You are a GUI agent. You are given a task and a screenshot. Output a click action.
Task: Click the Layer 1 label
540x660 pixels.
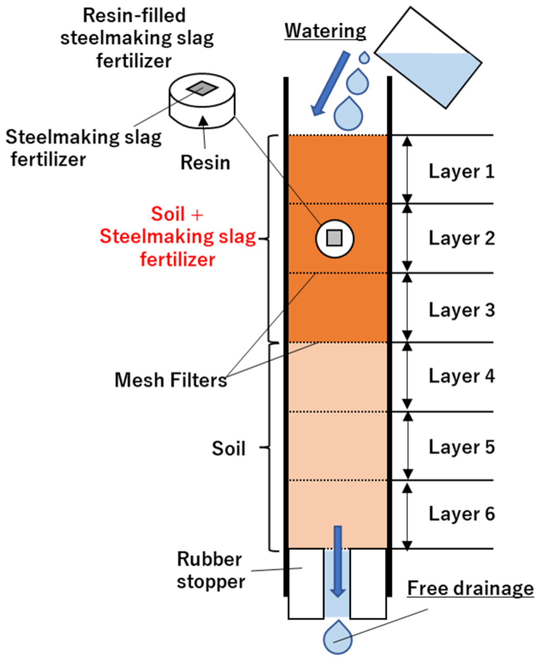point(461,171)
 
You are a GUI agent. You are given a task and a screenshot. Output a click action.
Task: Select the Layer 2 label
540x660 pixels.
point(461,238)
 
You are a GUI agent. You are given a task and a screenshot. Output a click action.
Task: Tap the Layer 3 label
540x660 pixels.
point(461,310)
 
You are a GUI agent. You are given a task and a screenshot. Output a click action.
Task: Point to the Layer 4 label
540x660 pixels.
point(461,376)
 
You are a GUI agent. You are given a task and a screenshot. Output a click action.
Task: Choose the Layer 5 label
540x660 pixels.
point(461,447)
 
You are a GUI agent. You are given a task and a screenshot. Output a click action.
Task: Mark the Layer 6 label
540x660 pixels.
point(461,514)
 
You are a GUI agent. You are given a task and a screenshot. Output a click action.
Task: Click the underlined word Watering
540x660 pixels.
point(325,31)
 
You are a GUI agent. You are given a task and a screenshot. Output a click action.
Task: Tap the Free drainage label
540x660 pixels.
point(470,588)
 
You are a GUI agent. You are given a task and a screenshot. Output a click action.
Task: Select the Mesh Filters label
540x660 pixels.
point(171,380)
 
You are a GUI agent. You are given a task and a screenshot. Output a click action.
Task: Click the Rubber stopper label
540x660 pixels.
point(210,570)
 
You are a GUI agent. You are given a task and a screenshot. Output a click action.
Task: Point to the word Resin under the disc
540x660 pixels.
point(205,163)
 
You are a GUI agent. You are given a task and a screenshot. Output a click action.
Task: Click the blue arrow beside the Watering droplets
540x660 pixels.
point(330,84)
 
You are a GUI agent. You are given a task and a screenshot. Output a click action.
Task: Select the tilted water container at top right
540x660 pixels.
point(429,59)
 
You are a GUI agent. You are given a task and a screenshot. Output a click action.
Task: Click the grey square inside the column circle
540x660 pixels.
point(334,238)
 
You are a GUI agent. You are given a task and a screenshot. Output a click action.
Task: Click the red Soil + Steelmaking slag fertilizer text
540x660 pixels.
point(177,237)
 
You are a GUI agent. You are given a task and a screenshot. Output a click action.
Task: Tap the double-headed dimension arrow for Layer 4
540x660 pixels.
point(407,376)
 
